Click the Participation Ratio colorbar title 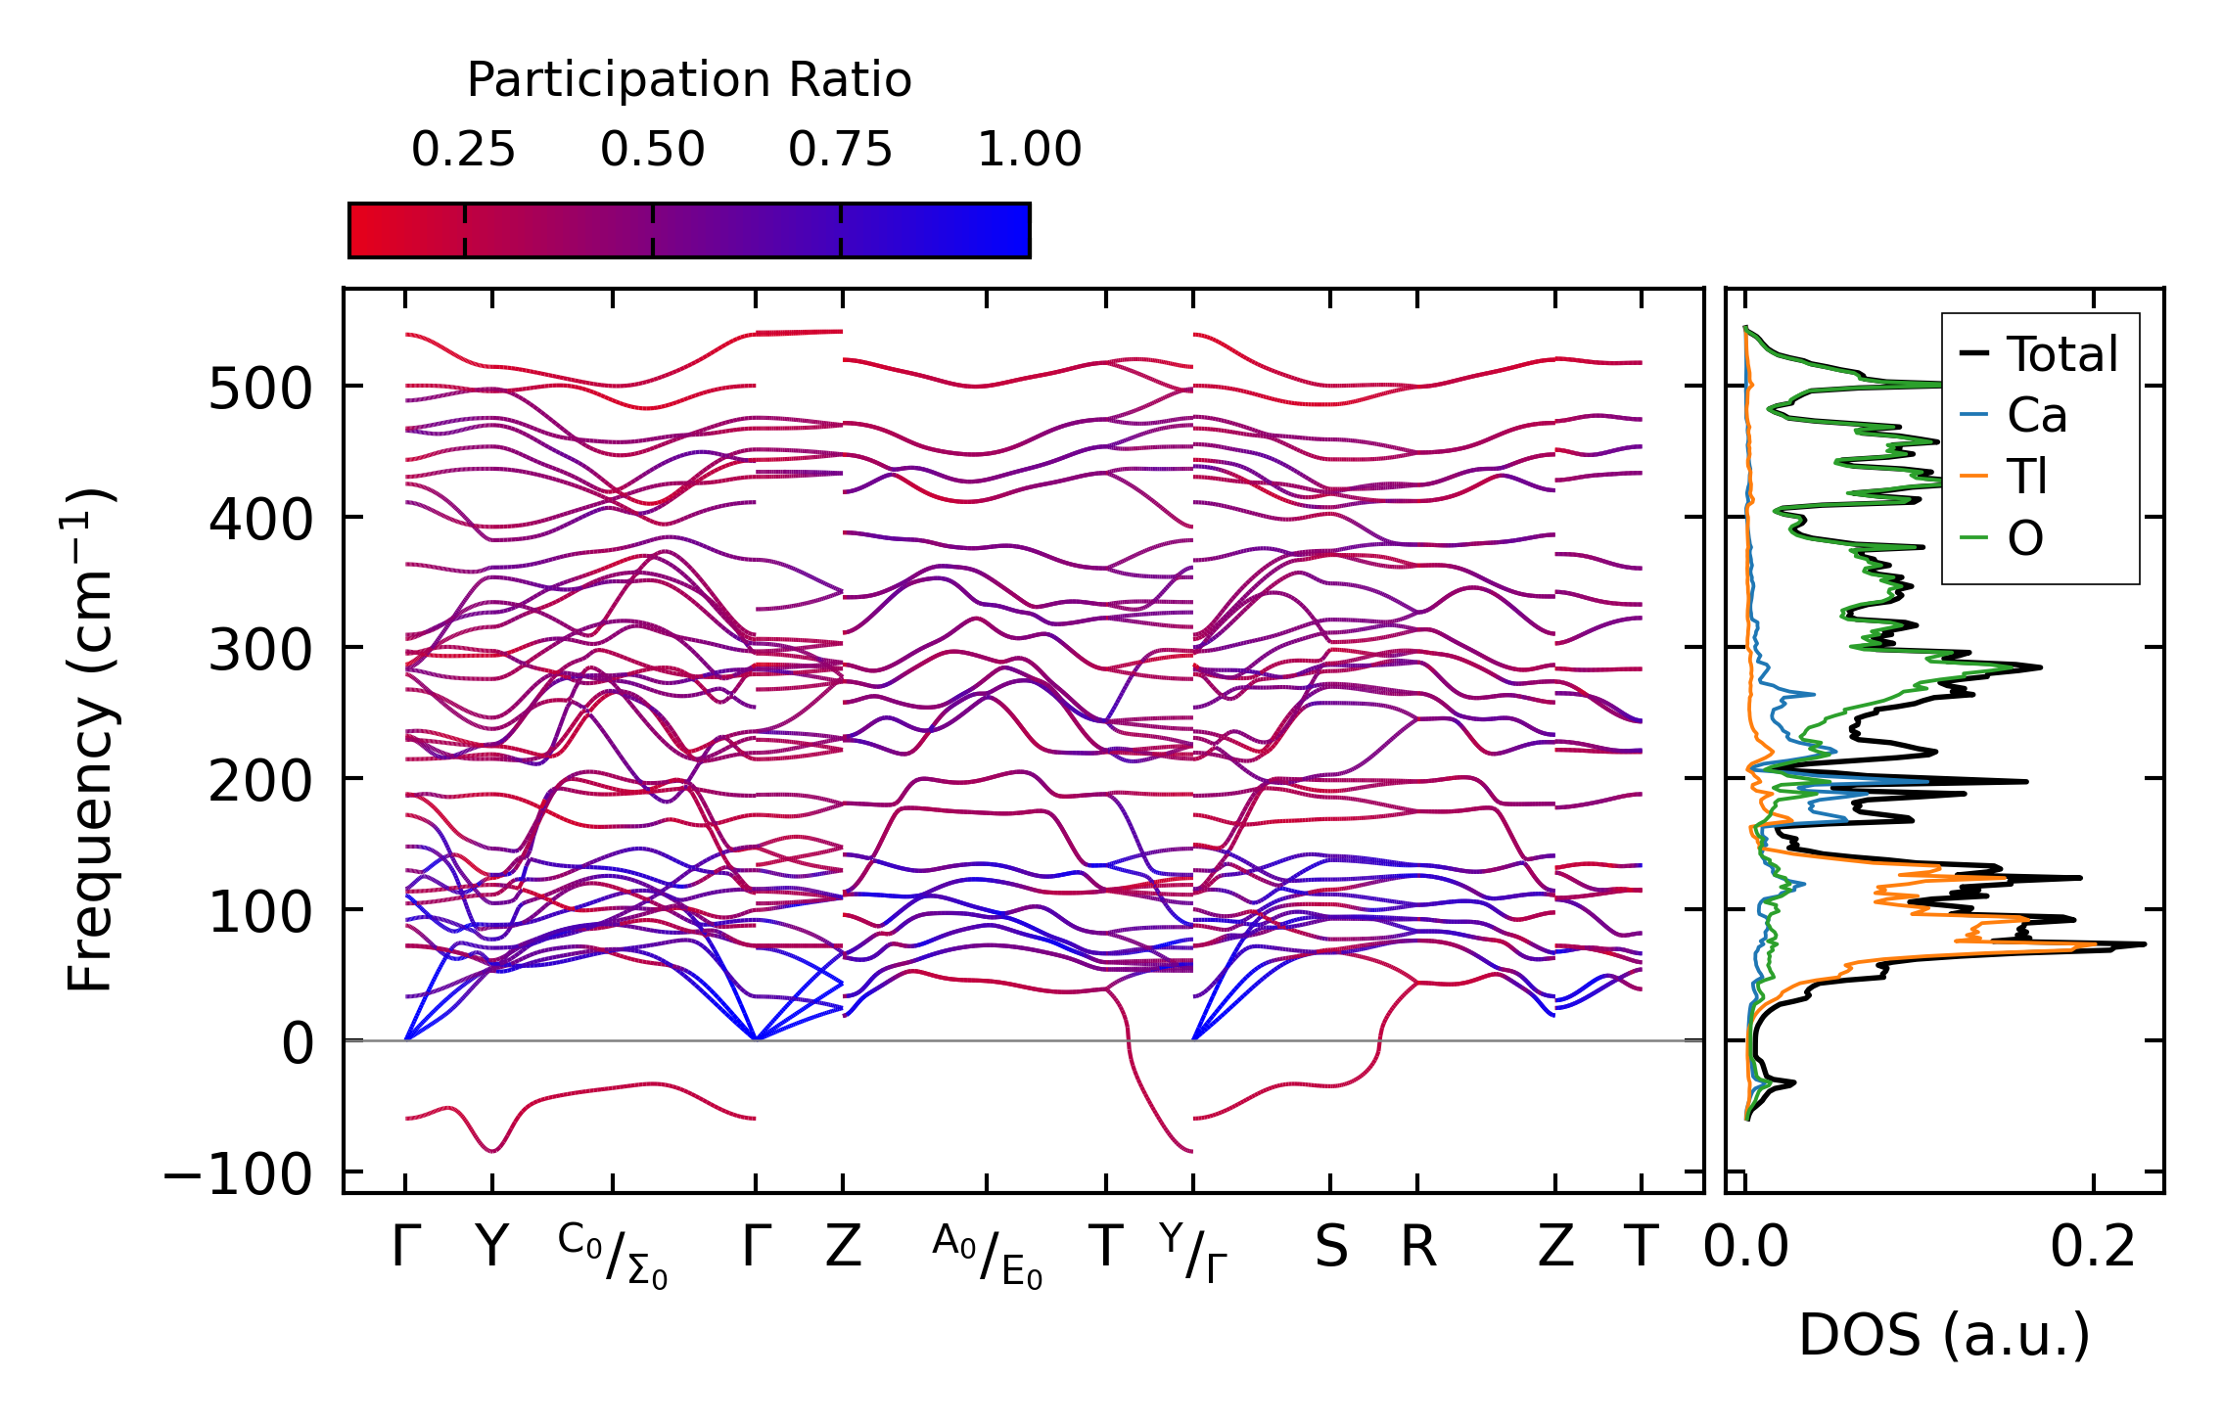pyautogui.click(x=688, y=80)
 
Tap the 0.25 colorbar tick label pyautogui.click(x=463, y=150)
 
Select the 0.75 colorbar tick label pyautogui.click(x=840, y=150)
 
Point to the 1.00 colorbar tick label pyautogui.click(x=1029, y=150)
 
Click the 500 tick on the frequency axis pyautogui.click(x=258, y=389)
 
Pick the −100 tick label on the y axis pyautogui.click(x=237, y=1174)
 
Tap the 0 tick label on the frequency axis pyautogui.click(x=298, y=1043)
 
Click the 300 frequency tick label pyautogui.click(x=258, y=651)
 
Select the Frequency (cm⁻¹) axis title pyautogui.click(x=90, y=740)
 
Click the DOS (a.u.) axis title pyautogui.click(x=1944, y=1335)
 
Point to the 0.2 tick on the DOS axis pyautogui.click(x=2093, y=1248)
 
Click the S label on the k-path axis pyautogui.click(x=1330, y=1248)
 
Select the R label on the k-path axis pyautogui.click(x=1417, y=1248)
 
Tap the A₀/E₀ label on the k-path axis pyautogui.click(x=987, y=1256)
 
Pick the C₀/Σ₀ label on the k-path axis pyautogui.click(x=613, y=1256)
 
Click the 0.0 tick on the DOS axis pyautogui.click(x=1746, y=1248)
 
